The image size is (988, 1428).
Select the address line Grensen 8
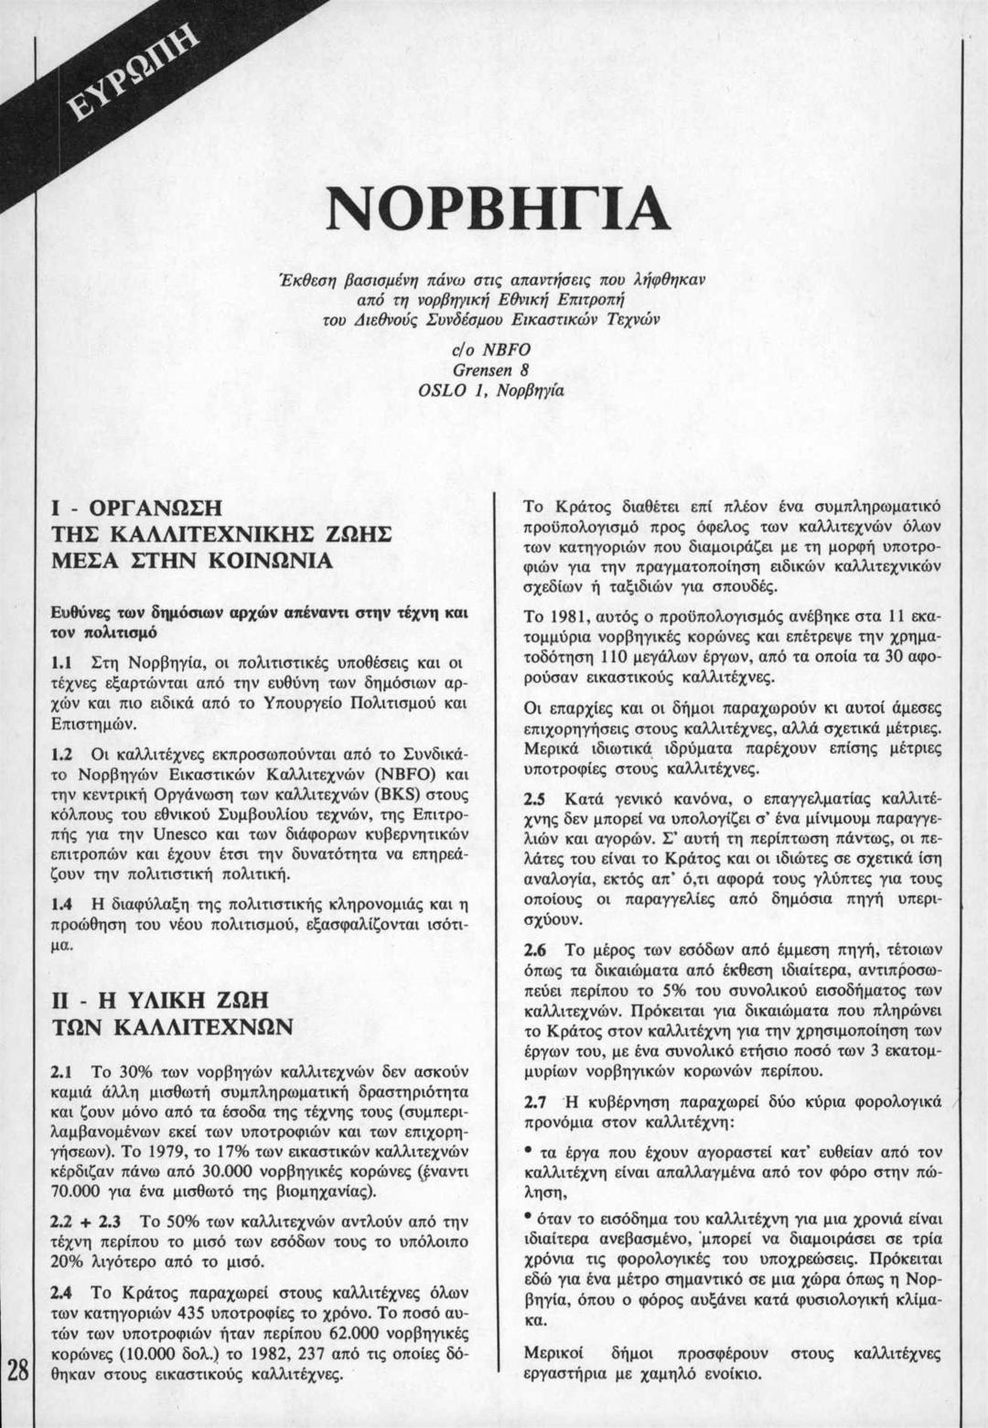[493, 371]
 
